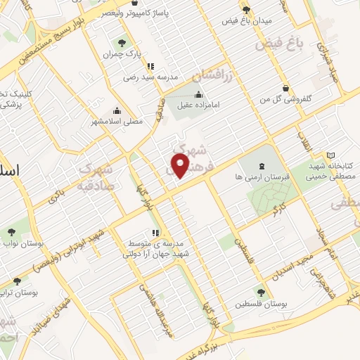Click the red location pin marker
point(181,166)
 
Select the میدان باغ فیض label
point(242,20)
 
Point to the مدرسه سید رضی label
point(152,77)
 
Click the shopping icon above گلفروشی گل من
point(286,88)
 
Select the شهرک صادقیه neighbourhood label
point(97,178)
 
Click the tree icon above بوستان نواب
point(11,231)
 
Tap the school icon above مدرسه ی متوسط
point(155,233)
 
